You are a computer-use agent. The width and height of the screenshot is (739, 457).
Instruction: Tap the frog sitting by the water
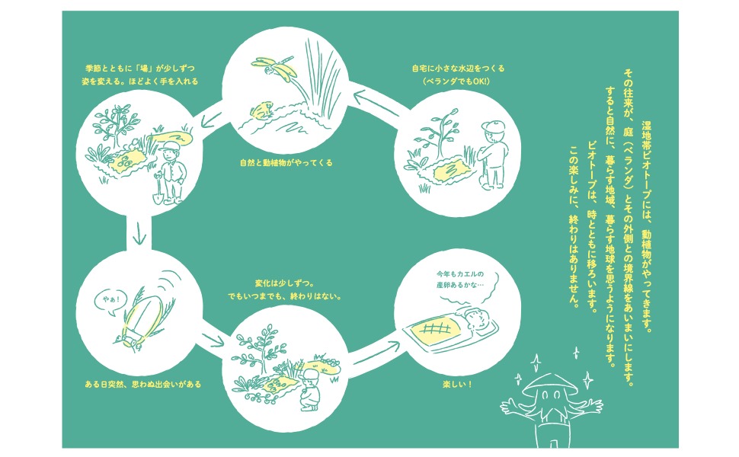262,110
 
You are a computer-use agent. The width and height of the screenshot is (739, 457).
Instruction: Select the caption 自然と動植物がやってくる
286,163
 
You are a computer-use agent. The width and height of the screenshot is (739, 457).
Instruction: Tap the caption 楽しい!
457,385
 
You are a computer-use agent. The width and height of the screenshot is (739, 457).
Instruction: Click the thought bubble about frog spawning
465,282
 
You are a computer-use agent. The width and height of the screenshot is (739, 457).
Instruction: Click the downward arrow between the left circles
139,234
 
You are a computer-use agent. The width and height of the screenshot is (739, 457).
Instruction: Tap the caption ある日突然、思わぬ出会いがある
142,385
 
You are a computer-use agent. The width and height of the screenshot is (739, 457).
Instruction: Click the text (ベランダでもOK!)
456,81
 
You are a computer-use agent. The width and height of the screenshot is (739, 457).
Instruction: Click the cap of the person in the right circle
493,126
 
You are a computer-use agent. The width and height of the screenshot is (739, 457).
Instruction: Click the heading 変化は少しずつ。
284,283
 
